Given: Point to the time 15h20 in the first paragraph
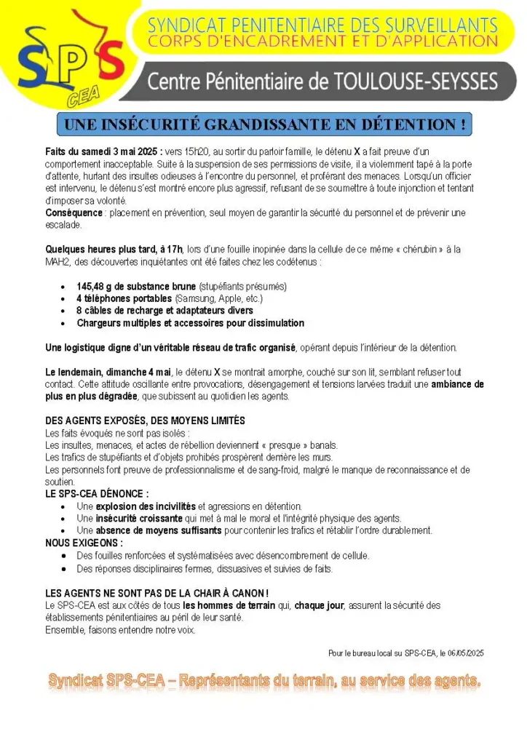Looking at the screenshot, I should click(x=195, y=152).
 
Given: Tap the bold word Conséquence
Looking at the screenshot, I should click(x=74, y=213).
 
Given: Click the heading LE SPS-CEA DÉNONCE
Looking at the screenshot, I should click(x=97, y=494).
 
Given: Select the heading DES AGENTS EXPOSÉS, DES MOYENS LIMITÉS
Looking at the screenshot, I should click(x=145, y=421).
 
